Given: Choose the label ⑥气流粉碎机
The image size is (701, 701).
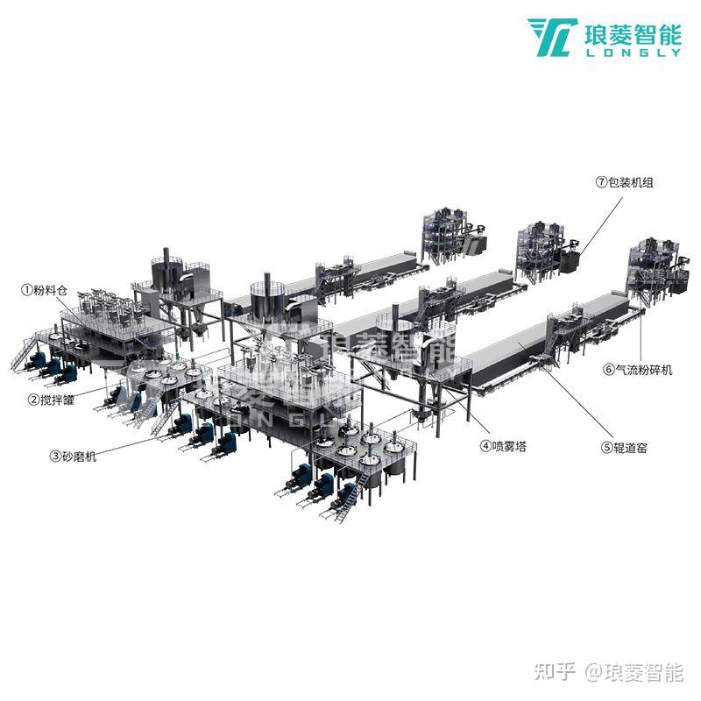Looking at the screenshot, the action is tap(637, 370).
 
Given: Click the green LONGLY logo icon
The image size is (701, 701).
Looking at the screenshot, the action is tap(549, 36).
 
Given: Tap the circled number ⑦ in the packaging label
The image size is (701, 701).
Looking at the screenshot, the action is tap(600, 182).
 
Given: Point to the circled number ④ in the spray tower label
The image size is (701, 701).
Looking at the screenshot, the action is tap(485, 445).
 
